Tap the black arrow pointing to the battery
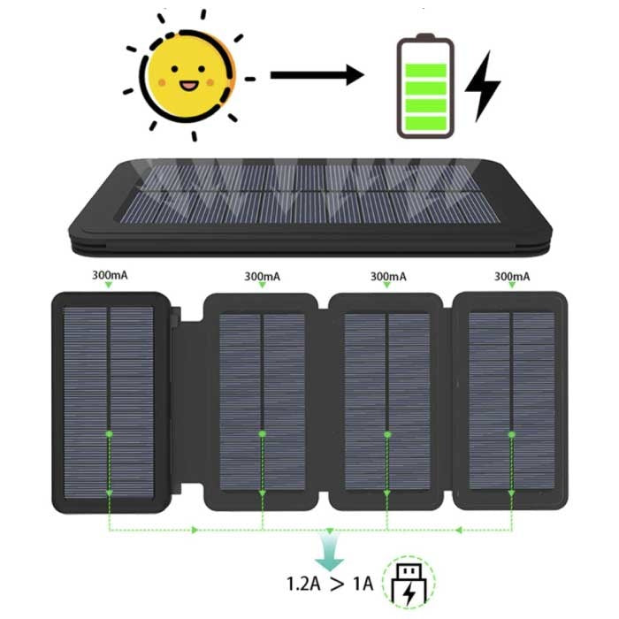[317, 75]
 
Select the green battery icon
[425, 88]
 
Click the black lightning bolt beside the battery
[483, 86]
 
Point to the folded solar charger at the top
[309, 199]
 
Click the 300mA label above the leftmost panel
[109, 274]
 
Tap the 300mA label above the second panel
[262, 276]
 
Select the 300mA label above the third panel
[387, 276]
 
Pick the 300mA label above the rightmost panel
[513, 276]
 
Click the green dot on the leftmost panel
[109, 434]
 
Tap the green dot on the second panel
[262, 434]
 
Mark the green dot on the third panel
[387, 434]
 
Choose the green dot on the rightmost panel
[512, 434]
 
